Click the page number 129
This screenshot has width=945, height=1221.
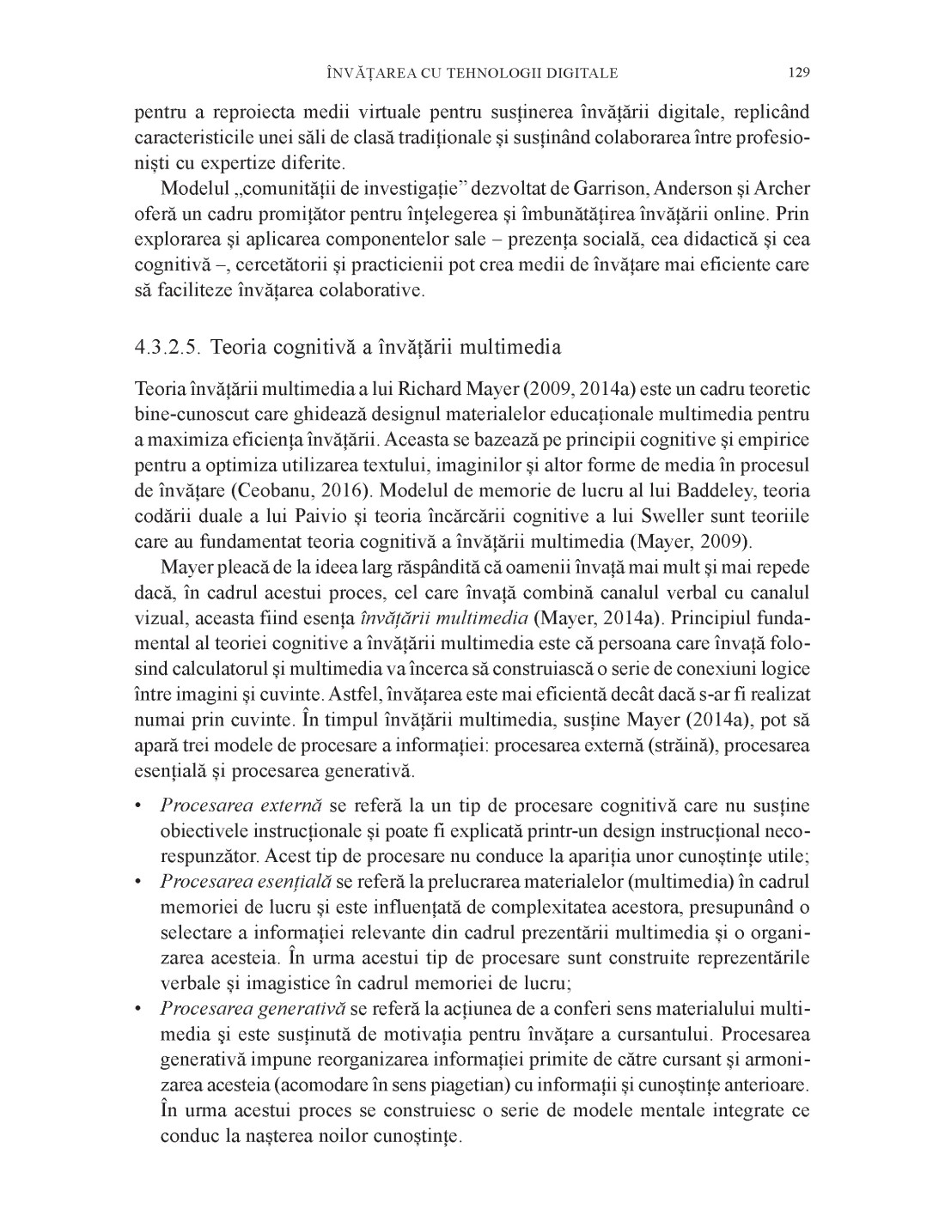(x=798, y=73)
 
